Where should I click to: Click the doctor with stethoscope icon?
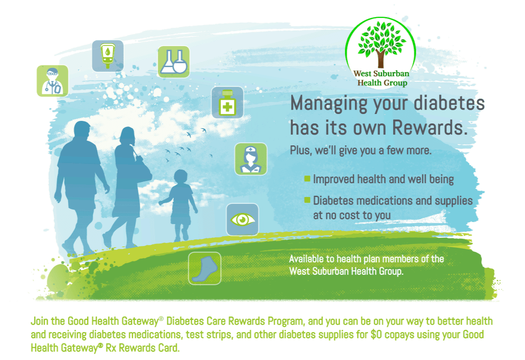point(52,80)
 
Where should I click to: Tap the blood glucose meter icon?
point(107,56)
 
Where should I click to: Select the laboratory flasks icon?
point(173,62)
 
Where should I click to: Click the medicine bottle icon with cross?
point(227,102)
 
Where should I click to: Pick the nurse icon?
point(250,159)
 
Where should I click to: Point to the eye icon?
point(243,219)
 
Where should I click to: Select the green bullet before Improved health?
point(307,178)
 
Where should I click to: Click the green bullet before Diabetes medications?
point(307,200)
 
